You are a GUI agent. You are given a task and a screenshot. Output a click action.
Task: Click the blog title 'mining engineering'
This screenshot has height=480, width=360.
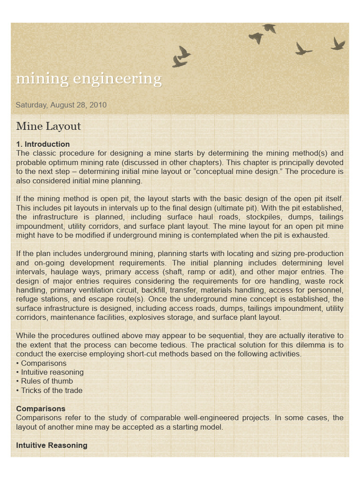89,79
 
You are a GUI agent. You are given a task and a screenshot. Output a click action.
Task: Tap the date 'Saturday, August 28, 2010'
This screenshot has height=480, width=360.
61,105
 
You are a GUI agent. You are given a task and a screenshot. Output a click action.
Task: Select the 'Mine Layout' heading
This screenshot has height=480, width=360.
48,126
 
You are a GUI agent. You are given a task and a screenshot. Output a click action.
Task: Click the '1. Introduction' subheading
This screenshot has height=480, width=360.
43,144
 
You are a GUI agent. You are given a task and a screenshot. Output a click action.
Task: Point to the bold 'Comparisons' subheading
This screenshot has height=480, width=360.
41,409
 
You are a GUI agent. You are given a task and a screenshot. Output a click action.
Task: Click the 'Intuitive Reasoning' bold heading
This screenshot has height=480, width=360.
52,445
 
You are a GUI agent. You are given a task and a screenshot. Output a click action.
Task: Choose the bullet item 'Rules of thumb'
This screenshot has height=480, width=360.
47,381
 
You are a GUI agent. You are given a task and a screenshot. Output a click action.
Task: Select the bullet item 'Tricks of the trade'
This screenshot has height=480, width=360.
52,390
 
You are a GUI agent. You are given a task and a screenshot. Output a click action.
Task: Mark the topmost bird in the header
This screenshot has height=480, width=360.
269,28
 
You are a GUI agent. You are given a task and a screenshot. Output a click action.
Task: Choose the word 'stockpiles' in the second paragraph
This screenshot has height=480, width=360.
248,217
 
